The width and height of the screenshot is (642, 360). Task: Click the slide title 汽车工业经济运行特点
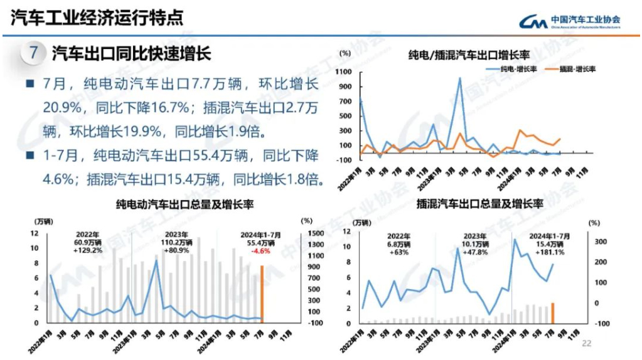click(x=97, y=17)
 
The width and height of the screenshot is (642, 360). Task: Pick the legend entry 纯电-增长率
click(x=510, y=68)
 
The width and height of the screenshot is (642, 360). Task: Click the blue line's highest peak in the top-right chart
click(x=459, y=78)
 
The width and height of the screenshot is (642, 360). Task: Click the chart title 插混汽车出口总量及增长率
click(x=479, y=204)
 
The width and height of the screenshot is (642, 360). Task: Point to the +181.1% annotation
click(x=550, y=252)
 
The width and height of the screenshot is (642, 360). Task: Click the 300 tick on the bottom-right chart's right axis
click(x=599, y=241)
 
